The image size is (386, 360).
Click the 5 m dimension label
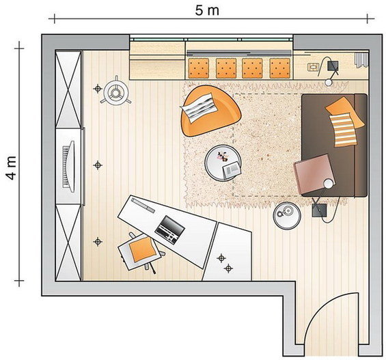pyautogui.click(x=207, y=10)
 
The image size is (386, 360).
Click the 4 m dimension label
pyautogui.click(x=12, y=168)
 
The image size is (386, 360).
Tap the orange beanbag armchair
pyautogui.click(x=210, y=111)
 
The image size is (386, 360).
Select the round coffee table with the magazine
pyautogui.click(x=223, y=163)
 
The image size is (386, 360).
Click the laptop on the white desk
pyautogui.click(x=170, y=230)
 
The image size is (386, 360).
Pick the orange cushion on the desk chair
pyautogui.click(x=143, y=249)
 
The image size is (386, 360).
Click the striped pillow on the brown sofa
pyautogui.click(x=344, y=130)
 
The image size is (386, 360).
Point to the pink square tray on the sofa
pyautogui.click(x=314, y=174)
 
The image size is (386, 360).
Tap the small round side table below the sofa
pyautogui.click(x=287, y=216)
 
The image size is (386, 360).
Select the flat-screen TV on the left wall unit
pyautogui.click(x=68, y=167)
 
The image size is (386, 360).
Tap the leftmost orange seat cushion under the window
pyautogui.click(x=199, y=68)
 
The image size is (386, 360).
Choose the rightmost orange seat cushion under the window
pyautogui.click(x=279, y=68)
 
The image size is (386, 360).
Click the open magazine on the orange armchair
pyautogui.click(x=199, y=107)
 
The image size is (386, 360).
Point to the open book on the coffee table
pyautogui.click(x=232, y=170)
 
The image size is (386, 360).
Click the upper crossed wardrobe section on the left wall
pyautogui.click(x=68, y=89)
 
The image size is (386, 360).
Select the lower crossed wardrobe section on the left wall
pyautogui.click(x=68, y=243)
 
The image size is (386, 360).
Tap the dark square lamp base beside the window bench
pyautogui.click(x=333, y=66)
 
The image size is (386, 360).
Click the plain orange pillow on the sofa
pyautogui.click(x=344, y=111)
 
